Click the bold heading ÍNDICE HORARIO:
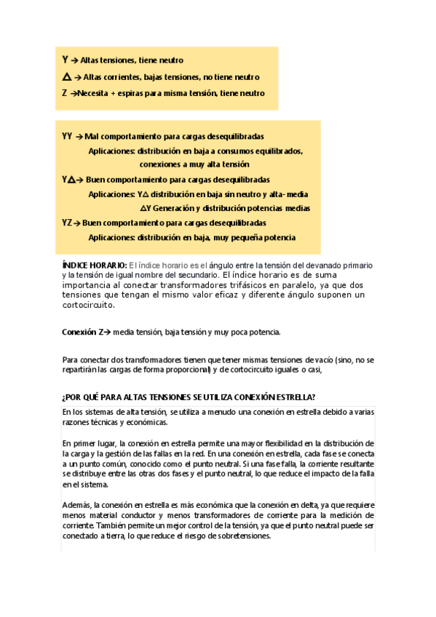(95, 266)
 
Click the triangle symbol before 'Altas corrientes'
(67, 76)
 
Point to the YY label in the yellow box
(67, 136)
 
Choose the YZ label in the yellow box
(66, 223)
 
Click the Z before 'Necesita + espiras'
(65, 93)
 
